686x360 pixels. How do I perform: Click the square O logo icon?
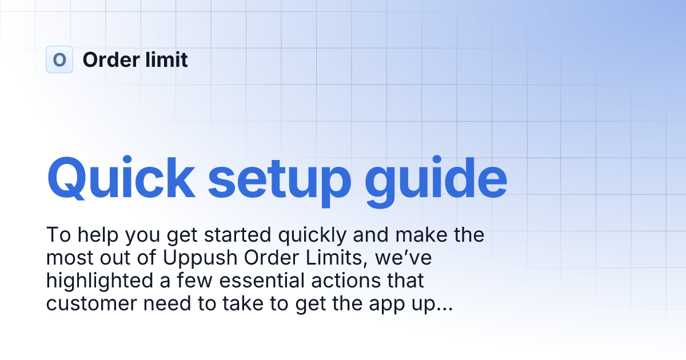[x=59, y=59]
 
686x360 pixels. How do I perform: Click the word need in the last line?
[x=168, y=304]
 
